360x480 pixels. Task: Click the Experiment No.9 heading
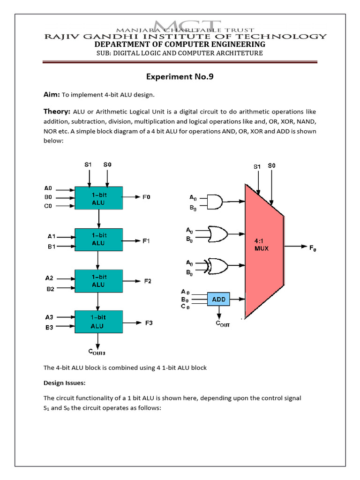[180, 76]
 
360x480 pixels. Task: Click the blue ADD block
[218, 299]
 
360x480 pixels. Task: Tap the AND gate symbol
[215, 202]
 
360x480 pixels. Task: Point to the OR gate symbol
[217, 234]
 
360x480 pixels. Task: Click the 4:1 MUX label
[261, 245]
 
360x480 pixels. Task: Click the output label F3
[149, 323]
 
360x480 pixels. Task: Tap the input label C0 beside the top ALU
[48, 206]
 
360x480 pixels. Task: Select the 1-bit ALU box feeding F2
[98, 281]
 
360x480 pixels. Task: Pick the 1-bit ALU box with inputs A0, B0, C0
[98, 198]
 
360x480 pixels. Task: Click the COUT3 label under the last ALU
[97, 352]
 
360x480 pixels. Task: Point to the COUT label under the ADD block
[223, 324]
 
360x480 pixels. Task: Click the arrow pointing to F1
[131, 241]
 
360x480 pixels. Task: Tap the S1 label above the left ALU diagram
[88, 165]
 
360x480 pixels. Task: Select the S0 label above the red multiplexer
[271, 165]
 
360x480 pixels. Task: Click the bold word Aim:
[52, 95]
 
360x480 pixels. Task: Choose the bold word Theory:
[57, 112]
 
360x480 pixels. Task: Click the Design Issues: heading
[64, 383]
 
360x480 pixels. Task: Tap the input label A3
[49, 317]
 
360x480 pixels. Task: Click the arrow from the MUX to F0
[295, 246]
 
